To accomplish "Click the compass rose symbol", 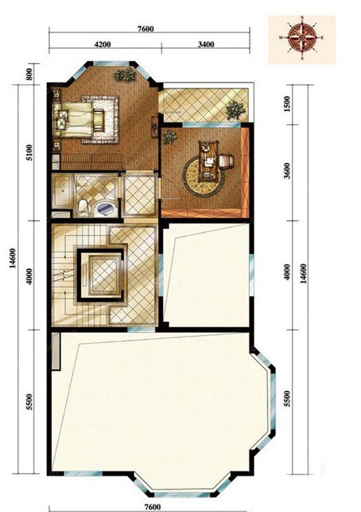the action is point(302,38).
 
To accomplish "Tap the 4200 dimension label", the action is point(102,44).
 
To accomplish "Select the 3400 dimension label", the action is point(206,44).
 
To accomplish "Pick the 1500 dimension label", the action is point(287,104).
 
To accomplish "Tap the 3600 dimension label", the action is point(287,171).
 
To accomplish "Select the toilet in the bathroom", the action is point(83,208).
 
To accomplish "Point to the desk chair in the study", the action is point(226,161).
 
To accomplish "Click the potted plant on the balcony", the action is point(235,110).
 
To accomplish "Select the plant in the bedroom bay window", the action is point(124,75).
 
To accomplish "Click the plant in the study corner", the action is point(170,137).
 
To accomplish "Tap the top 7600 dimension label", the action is point(145,29).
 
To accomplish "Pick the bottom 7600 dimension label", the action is point(152,507).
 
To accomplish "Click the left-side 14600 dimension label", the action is point(13,258).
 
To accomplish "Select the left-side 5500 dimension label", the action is point(30,402).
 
